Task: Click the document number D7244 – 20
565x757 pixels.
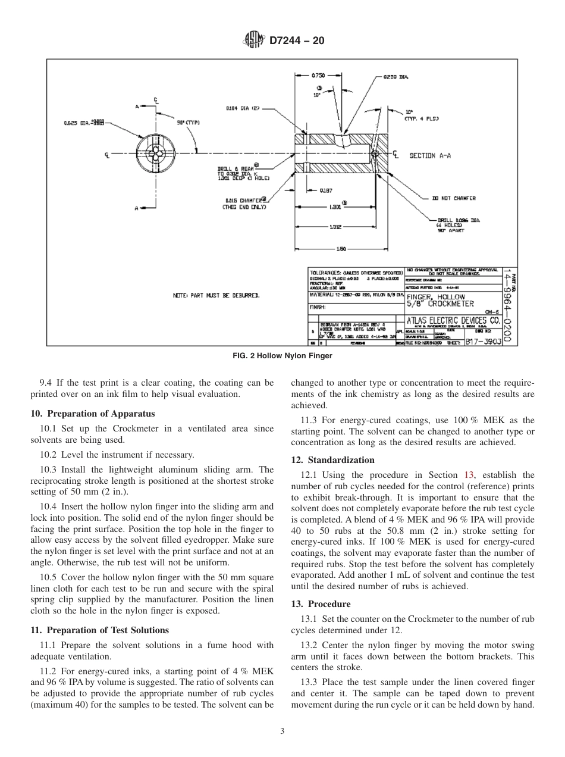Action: [x=297, y=41]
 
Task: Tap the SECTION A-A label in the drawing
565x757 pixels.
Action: [x=429, y=156]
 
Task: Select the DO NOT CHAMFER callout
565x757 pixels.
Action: [x=453, y=198]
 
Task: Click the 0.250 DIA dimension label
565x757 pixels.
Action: [x=395, y=77]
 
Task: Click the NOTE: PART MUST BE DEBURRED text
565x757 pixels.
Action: [x=216, y=295]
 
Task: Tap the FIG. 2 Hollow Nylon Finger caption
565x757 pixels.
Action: [x=282, y=356]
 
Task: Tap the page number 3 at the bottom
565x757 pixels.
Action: [x=282, y=731]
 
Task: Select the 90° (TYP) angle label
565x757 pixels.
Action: [x=189, y=123]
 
